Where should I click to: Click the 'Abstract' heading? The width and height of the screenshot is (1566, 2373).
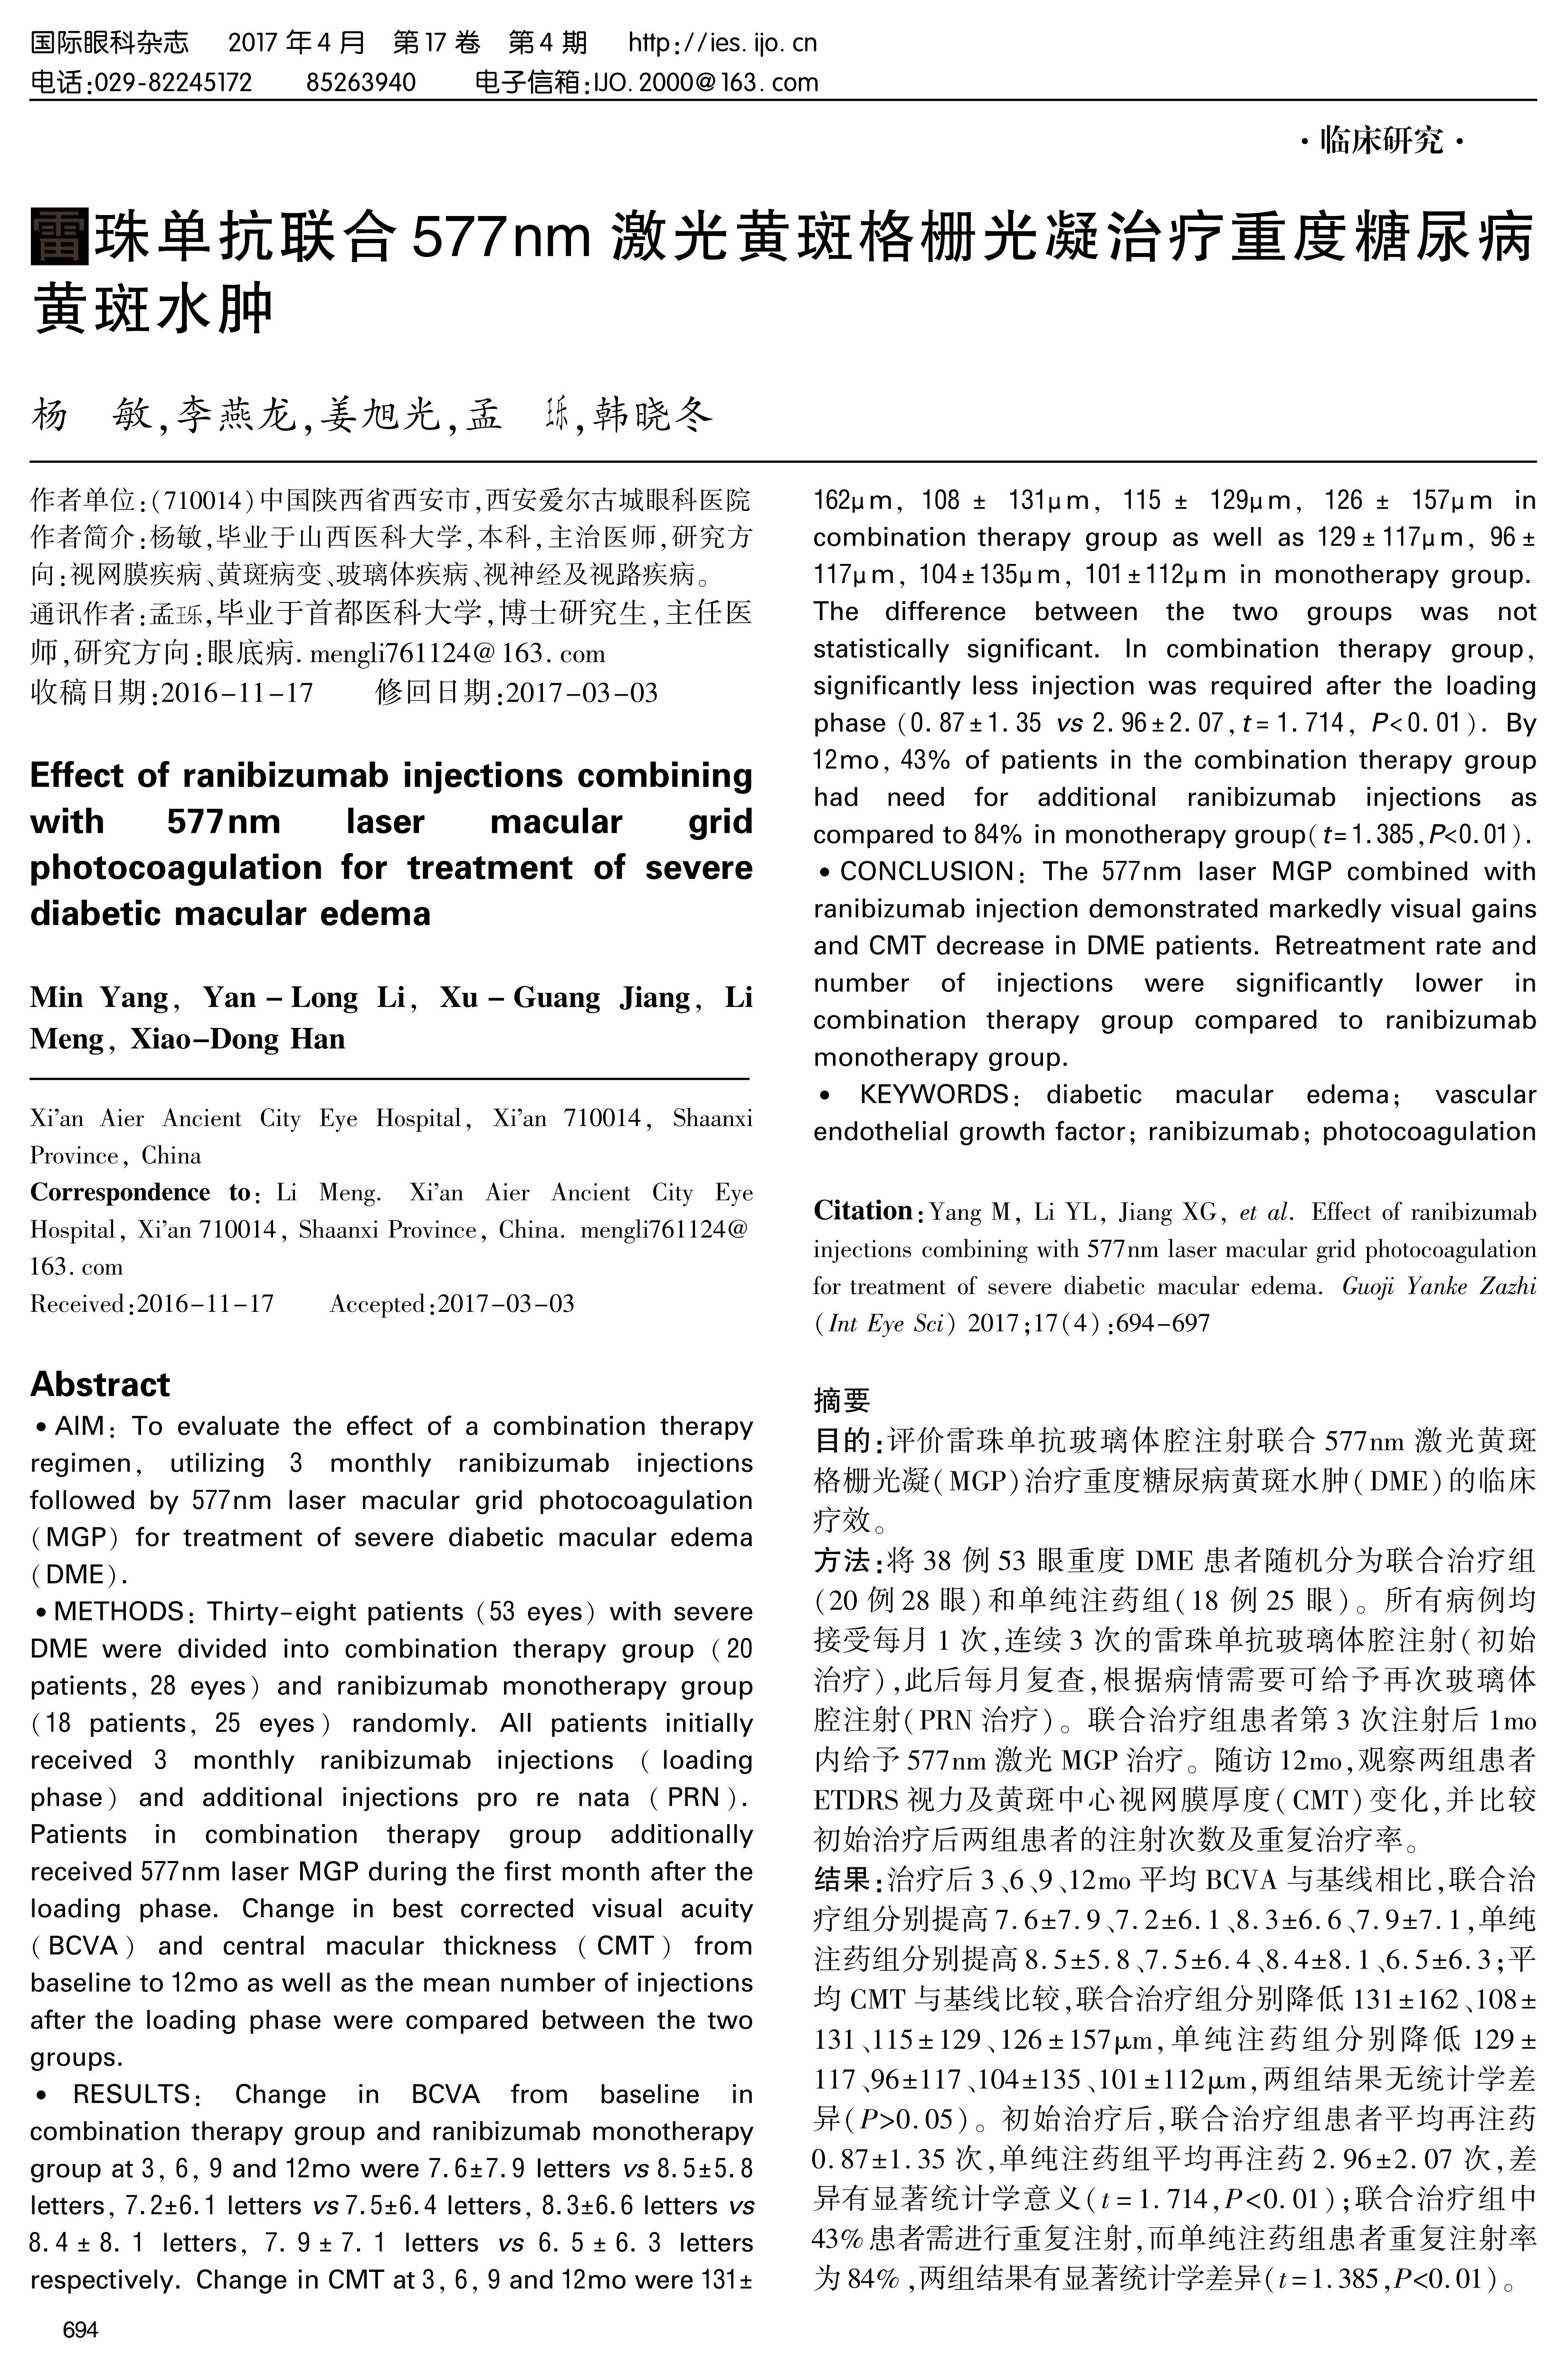(x=100, y=1384)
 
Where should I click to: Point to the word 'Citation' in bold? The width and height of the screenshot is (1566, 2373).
(x=862, y=1211)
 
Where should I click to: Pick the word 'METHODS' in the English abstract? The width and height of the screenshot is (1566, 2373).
(x=118, y=1612)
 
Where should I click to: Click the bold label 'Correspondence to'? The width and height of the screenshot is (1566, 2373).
(x=140, y=1193)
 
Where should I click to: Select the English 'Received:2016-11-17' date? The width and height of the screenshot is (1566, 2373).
(x=152, y=1304)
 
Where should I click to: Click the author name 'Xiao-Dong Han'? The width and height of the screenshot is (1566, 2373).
(x=237, y=1039)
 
